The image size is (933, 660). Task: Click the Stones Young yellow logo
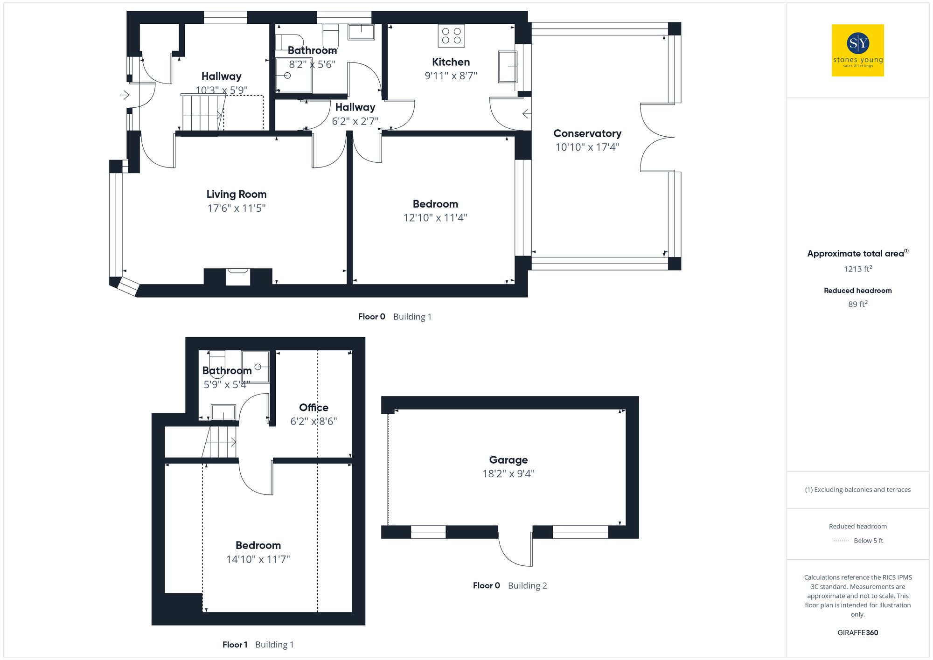point(857,50)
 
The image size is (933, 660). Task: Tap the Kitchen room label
point(451,62)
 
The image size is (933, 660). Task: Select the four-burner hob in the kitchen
point(451,36)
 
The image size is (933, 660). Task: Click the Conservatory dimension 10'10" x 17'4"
point(587,147)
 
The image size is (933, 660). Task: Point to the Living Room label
point(237,194)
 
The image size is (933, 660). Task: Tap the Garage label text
point(508,460)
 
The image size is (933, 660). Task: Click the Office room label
point(313,408)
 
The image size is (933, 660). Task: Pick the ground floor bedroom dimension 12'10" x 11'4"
point(435,218)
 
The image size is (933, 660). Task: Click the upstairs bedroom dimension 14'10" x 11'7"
point(258,559)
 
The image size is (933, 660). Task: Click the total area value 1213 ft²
point(857,269)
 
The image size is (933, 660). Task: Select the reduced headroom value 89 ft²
point(857,304)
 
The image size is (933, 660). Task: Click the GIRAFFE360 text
point(857,633)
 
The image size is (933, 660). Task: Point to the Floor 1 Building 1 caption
point(258,645)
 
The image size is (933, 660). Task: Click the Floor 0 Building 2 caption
point(509,586)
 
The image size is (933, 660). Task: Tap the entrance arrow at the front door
point(125,95)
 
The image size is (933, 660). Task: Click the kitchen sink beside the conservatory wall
point(508,67)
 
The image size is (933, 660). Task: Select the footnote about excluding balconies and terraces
point(857,490)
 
